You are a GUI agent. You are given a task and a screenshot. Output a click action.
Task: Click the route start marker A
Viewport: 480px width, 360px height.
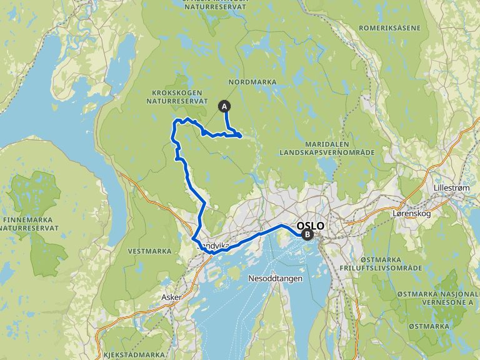tap(224, 106)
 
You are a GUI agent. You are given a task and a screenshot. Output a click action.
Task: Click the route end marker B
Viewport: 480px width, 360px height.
tap(307, 235)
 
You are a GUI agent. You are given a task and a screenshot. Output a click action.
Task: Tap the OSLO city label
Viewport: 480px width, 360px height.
tap(311, 226)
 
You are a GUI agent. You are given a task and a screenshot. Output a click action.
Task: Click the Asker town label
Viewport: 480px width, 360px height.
tap(171, 297)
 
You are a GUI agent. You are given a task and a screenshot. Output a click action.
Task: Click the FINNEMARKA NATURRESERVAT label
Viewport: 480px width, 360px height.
tap(31, 224)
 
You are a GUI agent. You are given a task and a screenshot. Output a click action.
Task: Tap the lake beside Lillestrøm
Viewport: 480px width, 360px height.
tap(473, 219)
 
